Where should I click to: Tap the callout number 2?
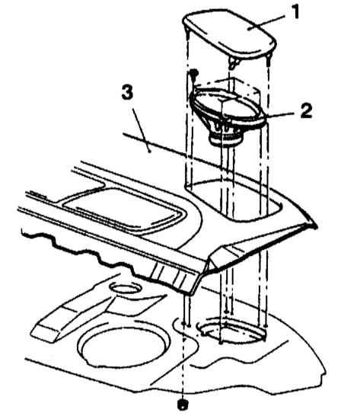(x=306, y=110)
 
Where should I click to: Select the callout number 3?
(x=127, y=91)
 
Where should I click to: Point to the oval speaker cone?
(x=228, y=107)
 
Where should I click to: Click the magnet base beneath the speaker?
(x=227, y=139)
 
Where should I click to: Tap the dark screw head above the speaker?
(x=193, y=72)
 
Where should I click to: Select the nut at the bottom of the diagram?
(x=183, y=405)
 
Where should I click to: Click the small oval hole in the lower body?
(x=124, y=289)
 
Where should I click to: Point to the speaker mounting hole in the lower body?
(x=231, y=329)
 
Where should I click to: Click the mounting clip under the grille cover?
(x=234, y=63)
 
